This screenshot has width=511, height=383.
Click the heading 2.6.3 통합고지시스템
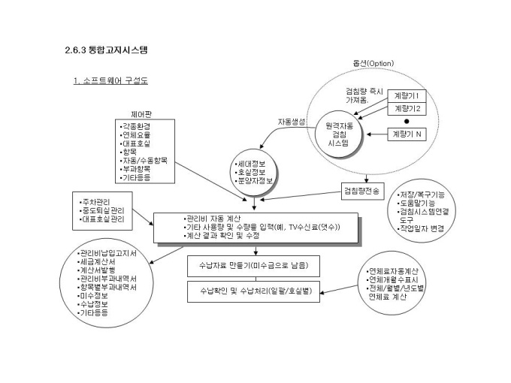[x=106, y=51]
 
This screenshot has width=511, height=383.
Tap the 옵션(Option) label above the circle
[x=373, y=63]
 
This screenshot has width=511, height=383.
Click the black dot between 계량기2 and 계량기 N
[x=406, y=121]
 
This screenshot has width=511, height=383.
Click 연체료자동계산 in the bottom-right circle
[x=395, y=270]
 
